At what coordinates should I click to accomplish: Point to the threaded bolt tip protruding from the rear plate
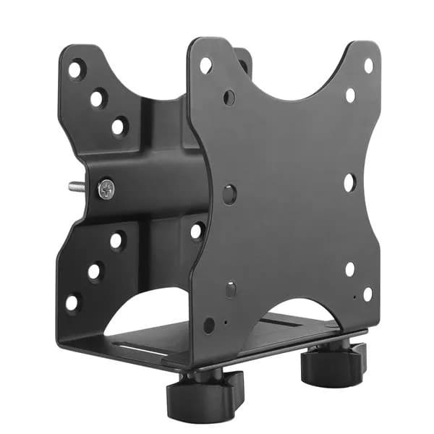[x=75, y=187]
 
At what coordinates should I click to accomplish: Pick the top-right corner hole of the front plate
[x=367, y=66]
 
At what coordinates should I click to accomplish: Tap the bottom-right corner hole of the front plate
[x=367, y=294]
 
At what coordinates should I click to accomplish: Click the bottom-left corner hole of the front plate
[x=209, y=325]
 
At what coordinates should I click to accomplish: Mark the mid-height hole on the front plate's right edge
[x=349, y=182]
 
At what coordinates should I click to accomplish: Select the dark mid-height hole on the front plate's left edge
[x=229, y=193]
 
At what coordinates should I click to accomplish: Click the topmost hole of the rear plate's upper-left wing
[x=76, y=70]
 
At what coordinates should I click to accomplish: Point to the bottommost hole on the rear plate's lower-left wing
[x=73, y=302]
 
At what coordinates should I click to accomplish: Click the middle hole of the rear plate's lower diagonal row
[x=95, y=271]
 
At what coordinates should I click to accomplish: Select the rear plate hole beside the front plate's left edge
[x=197, y=231]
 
